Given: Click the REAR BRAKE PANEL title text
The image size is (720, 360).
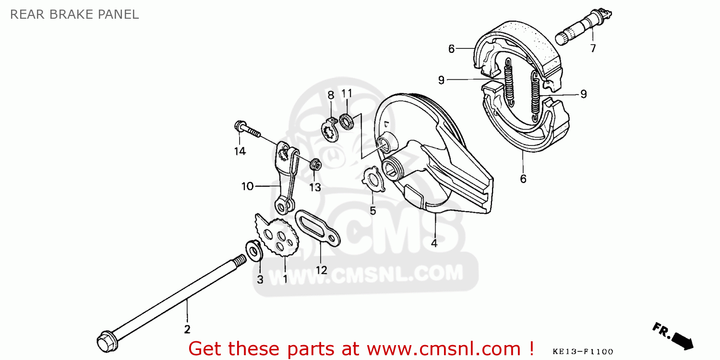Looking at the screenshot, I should [x=74, y=14].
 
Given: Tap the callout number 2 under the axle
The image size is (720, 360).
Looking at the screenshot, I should [x=187, y=329].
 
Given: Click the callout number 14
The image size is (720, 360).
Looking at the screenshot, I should [x=240, y=151].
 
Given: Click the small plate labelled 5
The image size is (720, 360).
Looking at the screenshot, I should [x=373, y=180].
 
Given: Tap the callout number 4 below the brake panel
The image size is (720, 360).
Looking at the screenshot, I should [x=434, y=243].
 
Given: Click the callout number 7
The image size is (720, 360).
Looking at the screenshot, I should [x=593, y=48].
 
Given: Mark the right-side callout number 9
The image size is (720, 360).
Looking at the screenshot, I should [x=583, y=94].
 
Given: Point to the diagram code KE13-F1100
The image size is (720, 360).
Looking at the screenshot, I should [x=583, y=352].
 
